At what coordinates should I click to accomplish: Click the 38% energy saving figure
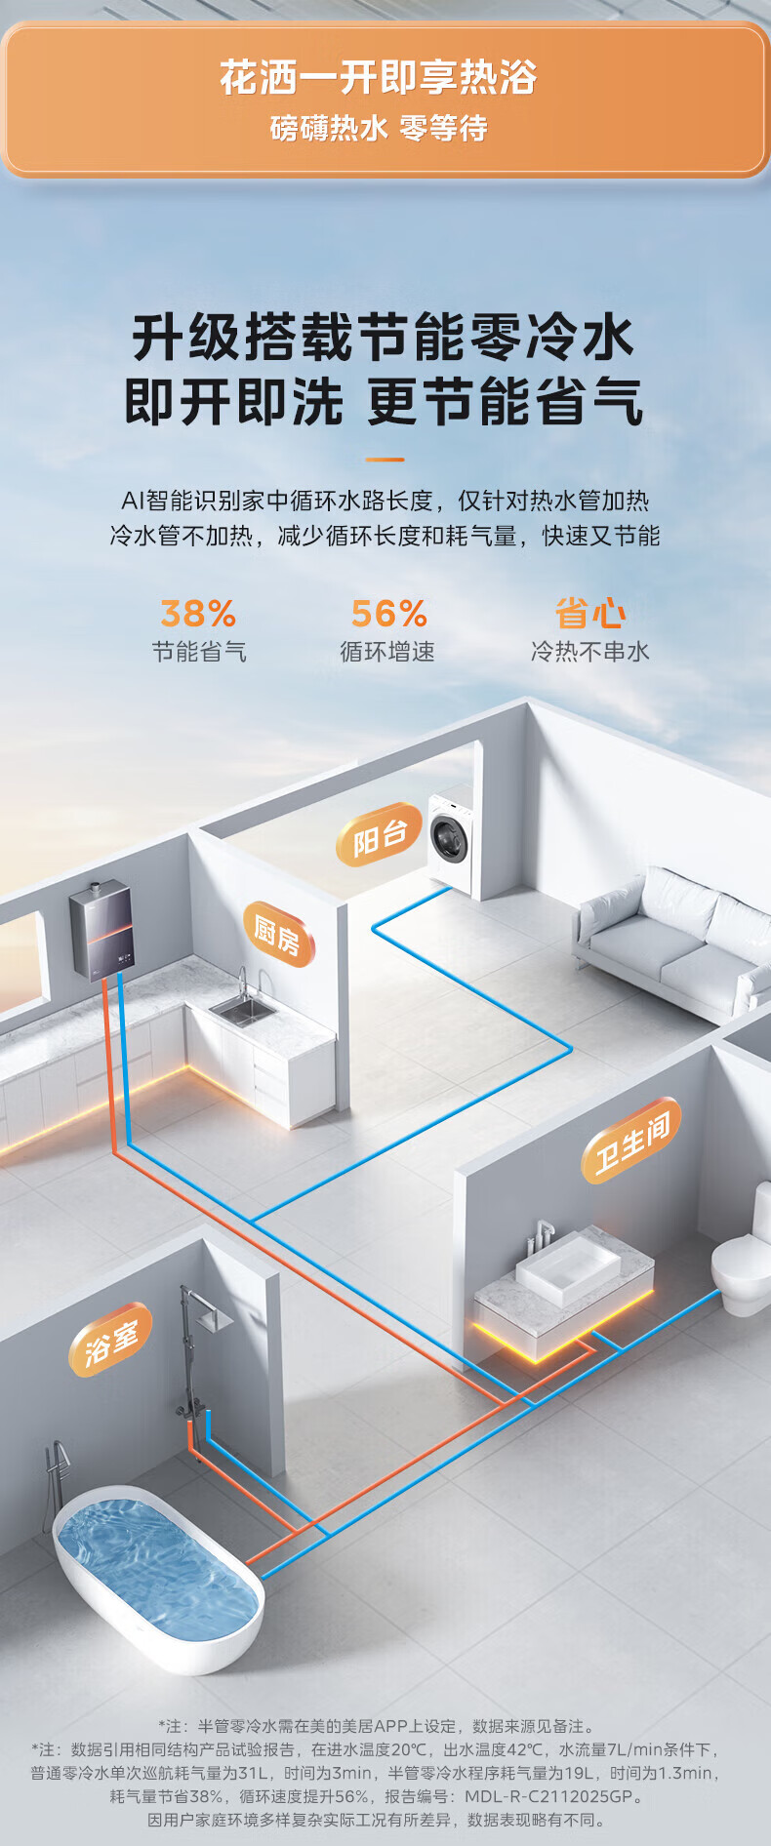198,614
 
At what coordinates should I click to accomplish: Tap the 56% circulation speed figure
388,614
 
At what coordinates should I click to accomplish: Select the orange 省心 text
589,614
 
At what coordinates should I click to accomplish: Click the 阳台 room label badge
379,835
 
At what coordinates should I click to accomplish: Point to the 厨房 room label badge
278,935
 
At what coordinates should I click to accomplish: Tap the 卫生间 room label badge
632,1141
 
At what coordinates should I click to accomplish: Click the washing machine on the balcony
452,840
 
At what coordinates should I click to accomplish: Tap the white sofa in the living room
673,942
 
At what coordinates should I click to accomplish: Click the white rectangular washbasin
567,1267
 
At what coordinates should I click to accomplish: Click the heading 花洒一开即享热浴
379,78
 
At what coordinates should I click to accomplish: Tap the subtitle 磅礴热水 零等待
379,128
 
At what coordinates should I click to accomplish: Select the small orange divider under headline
385,459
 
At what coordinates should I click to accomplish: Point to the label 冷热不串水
589,652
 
